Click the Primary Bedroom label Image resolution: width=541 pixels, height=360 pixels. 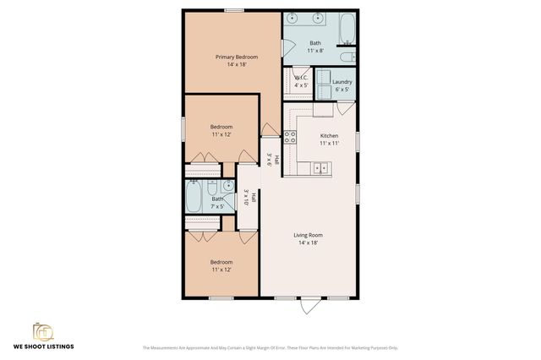236,60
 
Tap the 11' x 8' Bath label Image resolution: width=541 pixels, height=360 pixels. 314,46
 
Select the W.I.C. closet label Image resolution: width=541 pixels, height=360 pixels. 301,81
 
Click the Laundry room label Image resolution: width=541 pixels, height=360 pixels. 342,85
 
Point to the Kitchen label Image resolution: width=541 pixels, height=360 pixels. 329,139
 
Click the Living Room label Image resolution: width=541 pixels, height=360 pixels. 308,238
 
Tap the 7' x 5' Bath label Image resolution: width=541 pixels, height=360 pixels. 206,202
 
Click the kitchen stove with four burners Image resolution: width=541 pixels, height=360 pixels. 289,139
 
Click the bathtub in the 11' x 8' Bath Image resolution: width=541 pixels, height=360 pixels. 347,30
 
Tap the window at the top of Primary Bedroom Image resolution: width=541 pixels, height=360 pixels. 234,10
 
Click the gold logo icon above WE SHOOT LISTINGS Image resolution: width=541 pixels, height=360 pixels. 42,330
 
